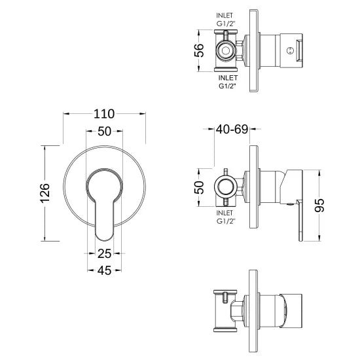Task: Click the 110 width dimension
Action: (104, 101)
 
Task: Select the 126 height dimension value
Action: (45, 194)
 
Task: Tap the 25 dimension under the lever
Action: (104, 253)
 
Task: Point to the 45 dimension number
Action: (104, 269)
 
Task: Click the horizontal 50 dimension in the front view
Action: (104, 131)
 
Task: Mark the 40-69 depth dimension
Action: (232, 130)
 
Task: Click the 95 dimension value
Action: (320, 204)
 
